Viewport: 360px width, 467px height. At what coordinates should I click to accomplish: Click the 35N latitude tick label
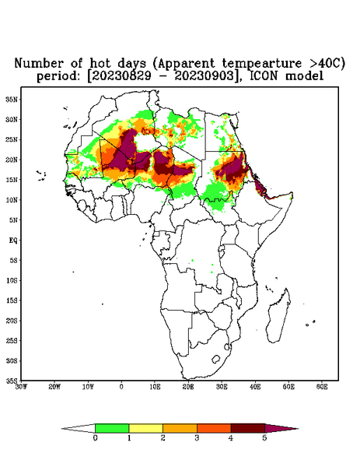12,99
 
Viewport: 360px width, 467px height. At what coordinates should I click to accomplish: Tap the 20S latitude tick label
12,321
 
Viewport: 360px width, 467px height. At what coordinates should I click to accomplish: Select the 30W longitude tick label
21,387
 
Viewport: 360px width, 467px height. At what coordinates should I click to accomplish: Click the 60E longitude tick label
322,387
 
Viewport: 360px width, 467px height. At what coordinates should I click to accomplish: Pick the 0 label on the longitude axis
121,387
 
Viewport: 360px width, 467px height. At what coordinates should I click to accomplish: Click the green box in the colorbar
112,428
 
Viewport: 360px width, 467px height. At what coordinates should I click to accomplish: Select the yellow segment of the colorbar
145,428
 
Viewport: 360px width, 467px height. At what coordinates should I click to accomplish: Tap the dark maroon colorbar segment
248,428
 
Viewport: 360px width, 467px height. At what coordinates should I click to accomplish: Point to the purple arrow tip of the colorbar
298,429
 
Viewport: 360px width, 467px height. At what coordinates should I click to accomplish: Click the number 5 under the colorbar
264,438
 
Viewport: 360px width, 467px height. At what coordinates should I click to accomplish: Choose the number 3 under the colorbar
197,438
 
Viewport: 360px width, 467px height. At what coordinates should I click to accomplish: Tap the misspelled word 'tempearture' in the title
262,64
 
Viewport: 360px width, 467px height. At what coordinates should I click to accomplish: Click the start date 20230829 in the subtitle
121,76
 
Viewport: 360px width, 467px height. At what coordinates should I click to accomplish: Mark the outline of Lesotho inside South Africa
216,359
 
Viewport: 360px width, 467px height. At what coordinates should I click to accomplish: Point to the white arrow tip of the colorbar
62,429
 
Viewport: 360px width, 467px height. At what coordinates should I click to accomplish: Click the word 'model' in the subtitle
304,76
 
